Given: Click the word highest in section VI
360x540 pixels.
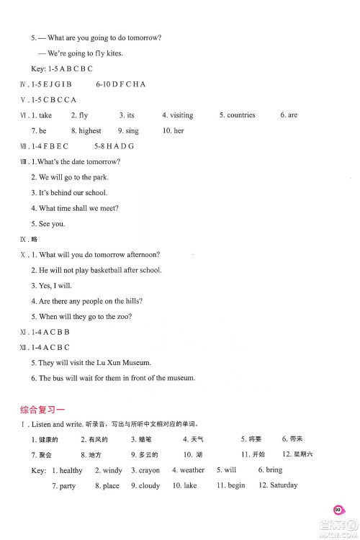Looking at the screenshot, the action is (90, 131).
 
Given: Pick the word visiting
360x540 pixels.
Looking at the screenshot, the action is (181, 115).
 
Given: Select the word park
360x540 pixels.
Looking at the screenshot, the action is (99, 177).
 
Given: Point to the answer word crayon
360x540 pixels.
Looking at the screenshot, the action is (149, 470).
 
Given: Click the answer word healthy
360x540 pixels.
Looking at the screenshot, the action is (71, 470).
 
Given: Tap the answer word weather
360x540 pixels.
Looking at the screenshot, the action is (192, 470).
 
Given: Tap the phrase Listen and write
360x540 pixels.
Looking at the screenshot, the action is (56, 424).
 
